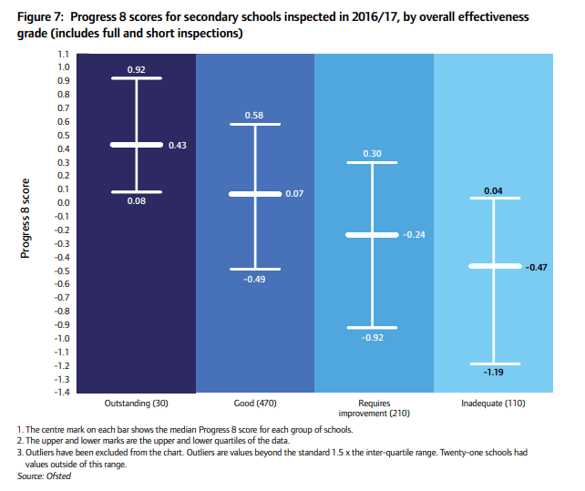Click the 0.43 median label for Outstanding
[177, 145]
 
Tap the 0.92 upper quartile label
[137, 69]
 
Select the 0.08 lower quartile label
[137, 200]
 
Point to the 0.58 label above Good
[254, 115]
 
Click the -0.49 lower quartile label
[254, 279]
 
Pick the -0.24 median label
[414, 235]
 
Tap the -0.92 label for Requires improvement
[373, 337]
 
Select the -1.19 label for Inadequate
[492, 373]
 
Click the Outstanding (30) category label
[137, 402]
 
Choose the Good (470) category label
[254, 402]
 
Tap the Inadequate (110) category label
[492, 402]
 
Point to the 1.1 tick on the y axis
[64, 54]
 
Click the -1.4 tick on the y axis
[62, 392]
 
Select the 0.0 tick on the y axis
[64, 203]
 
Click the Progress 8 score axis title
[26, 217]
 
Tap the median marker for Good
[254, 194]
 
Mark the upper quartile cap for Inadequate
[492, 198]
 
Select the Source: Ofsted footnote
[44, 476]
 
